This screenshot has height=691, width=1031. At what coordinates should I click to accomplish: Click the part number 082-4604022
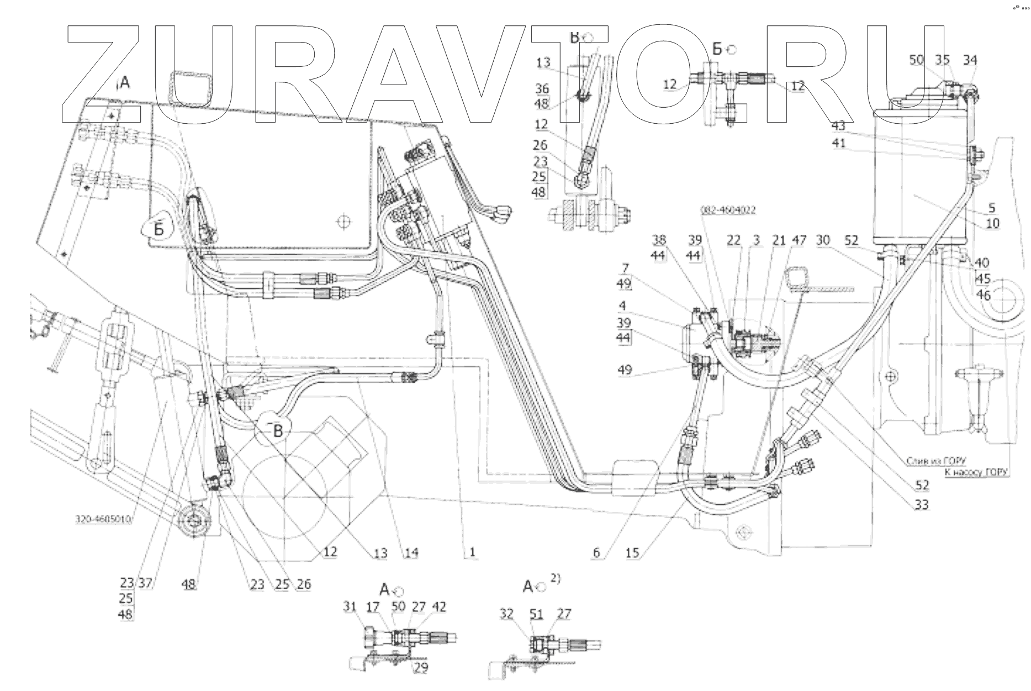[x=728, y=210]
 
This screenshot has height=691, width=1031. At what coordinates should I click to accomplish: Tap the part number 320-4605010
[x=103, y=519]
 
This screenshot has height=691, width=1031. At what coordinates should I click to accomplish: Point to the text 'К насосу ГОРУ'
[x=976, y=472]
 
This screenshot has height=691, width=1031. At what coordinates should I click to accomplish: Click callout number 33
[x=921, y=504]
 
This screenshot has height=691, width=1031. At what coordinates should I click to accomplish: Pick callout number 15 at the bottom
[x=633, y=552]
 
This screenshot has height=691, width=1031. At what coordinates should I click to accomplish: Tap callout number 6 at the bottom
[x=596, y=552]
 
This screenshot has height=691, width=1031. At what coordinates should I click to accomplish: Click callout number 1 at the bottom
[x=473, y=552]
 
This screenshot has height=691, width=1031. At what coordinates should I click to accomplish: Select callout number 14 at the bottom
[x=411, y=552]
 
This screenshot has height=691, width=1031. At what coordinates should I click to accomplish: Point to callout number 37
[x=146, y=583]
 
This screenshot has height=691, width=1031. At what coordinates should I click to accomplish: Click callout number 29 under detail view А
[x=421, y=667]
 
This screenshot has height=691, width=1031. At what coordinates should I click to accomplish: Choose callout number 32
[x=507, y=614]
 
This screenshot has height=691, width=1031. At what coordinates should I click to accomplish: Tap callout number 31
[x=350, y=607]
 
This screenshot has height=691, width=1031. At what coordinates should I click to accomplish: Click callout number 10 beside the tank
[x=993, y=223]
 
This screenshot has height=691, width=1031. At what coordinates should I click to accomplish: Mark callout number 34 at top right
[x=970, y=60]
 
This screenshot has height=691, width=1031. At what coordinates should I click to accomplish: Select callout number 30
[x=823, y=240]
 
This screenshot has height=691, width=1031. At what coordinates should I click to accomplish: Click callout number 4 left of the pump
[x=622, y=305]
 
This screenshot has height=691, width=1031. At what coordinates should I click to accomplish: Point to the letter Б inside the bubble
[x=159, y=228]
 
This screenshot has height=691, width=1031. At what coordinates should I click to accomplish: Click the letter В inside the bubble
[x=278, y=430]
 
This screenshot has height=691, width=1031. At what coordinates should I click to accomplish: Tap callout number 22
[x=733, y=240]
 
